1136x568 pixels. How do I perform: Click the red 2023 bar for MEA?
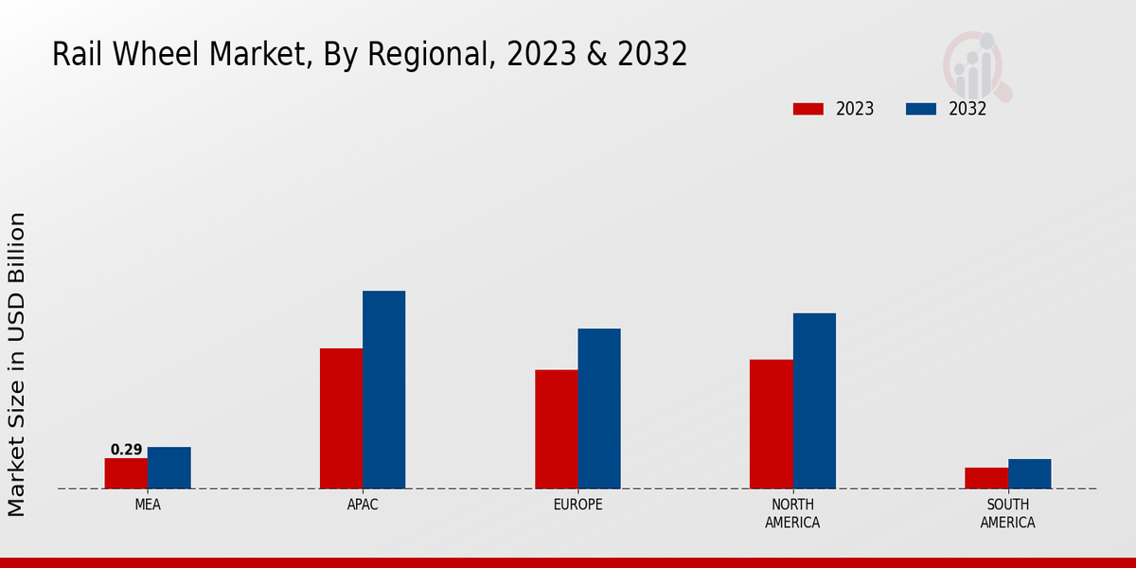[x=126, y=473]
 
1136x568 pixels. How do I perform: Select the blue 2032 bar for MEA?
[x=169, y=468]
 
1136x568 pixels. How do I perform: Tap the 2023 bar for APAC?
[x=341, y=418]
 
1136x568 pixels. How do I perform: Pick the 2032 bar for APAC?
[x=383, y=390]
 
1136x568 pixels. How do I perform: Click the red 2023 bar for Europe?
[x=556, y=429]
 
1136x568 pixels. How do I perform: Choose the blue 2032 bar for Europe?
[x=599, y=409]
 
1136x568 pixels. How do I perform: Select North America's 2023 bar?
[x=771, y=424]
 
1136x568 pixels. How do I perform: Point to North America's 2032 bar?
[x=814, y=401]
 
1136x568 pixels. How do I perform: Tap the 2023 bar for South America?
[x=986, y=478]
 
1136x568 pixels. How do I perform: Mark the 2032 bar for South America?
[x=1029, y=474]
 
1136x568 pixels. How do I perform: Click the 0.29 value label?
[x=126, y=450]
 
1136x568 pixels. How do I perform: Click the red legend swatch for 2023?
[x=808, y=109]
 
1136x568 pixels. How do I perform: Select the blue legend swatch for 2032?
[x=921, y=109]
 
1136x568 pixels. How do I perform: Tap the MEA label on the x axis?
[x=148, y=505]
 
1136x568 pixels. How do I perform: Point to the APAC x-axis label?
[x=363, y=505]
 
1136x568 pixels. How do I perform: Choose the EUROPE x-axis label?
[x=577, y=505]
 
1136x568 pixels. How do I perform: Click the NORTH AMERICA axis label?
[x=792, y=513]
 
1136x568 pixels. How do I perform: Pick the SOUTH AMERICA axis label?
[x=1007, y=513]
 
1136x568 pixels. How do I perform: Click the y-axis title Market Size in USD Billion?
[x=17, y=364]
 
